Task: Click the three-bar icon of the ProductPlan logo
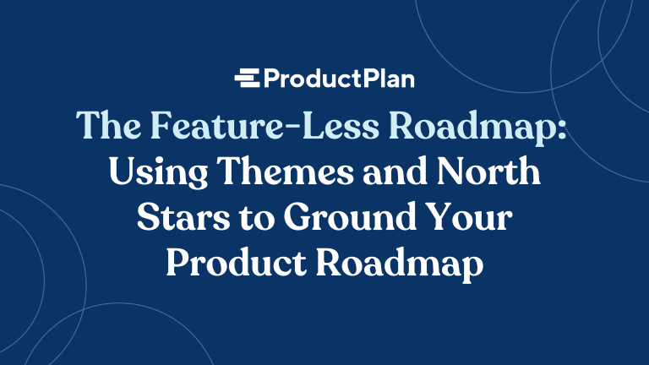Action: point(248,80)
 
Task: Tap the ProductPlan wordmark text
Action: point(338,80)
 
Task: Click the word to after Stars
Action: point(259,218)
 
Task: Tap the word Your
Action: point(472,217)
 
